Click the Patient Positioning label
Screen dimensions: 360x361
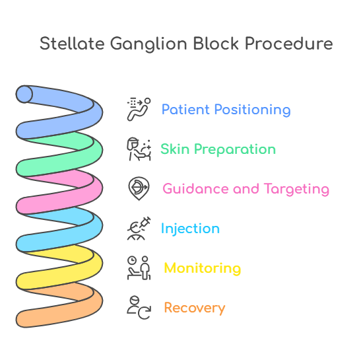(x=226, y=110)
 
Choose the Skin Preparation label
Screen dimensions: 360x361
(x=218, y=149)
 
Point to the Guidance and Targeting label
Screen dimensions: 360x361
(x=246, y=189)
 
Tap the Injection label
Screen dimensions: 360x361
(x=190, y=229)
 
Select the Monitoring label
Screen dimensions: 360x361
(x=202, y=268)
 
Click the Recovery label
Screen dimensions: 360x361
(x=194, y=308)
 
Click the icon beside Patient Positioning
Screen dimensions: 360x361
(x=139, y=109)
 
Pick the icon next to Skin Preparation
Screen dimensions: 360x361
(x=139, y=149)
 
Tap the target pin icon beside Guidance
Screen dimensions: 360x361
(x=139, y=189)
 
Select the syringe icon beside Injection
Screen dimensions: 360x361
(x=139, y=229)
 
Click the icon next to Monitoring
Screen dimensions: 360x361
(x=139, y=268)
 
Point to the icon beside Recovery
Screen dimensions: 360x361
(x=139, y=308)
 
